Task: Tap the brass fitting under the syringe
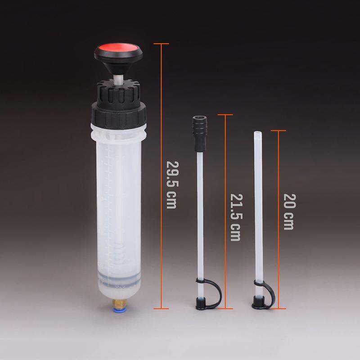coord(118,303)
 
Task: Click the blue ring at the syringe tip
coord(118,310)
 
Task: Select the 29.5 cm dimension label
coord(171,185)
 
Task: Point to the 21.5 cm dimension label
coord(236,217)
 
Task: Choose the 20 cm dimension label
coord(289,211)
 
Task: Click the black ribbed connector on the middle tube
coord(199,134)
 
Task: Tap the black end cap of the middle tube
coord(200,303)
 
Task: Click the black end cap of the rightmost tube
coord(258,302)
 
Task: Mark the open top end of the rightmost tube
coord(257,133)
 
